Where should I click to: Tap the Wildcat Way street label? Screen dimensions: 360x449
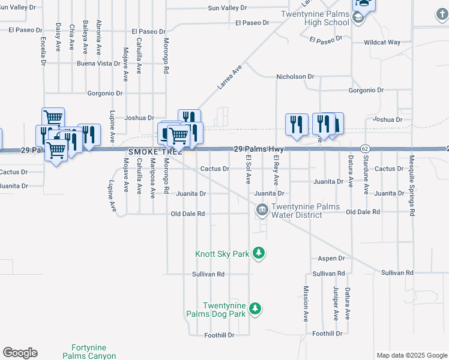(382, 43)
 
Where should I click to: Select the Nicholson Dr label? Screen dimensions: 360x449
(295, 77)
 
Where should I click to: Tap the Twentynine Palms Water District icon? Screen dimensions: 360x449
(262, 210)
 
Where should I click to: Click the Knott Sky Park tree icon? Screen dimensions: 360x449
(259, 253)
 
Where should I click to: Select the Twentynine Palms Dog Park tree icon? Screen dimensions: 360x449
(256, 309)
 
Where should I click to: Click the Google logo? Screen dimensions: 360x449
(20, 353)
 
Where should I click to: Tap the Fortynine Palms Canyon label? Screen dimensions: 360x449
(89, 352)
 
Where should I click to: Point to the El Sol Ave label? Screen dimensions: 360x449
(248, 169)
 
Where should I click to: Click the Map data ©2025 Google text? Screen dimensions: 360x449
(411, 355)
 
